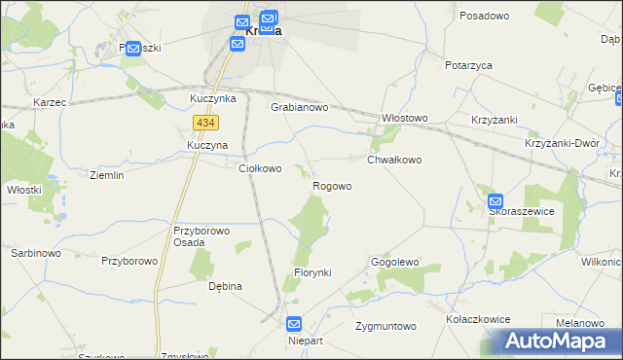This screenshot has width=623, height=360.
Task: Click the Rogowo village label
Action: coord(332,186)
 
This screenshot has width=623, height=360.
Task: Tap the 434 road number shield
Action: coord(204,123)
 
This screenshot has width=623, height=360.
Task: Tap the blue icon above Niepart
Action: coord(295,325)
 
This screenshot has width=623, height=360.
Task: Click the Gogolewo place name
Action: coord(394,263)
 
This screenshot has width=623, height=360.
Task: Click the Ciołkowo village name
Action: coord(260,168)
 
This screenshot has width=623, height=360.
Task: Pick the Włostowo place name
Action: coord(404,118)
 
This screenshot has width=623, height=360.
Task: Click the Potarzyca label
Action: coord(468,65)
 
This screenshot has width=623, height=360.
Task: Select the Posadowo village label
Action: coord(485,17)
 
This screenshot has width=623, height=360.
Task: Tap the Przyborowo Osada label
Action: coord(200,237)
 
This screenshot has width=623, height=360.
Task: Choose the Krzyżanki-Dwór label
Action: coord(561,142)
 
